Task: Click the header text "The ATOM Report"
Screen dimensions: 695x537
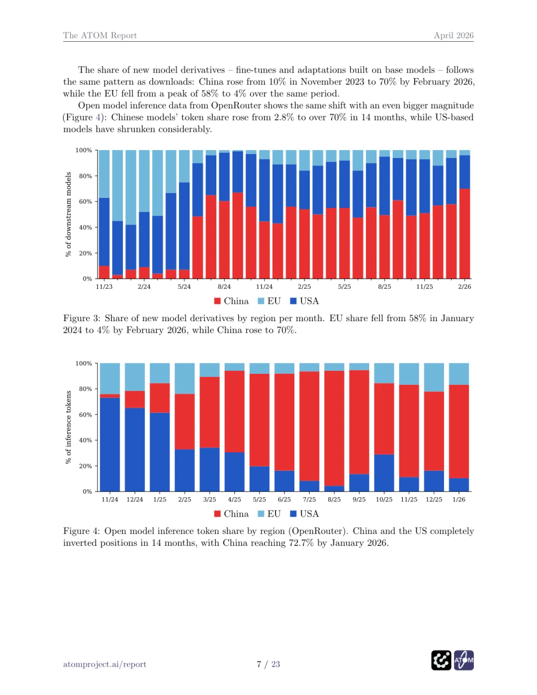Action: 99,35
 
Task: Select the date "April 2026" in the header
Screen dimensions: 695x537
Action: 453,35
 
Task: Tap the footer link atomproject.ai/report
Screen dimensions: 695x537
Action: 104,664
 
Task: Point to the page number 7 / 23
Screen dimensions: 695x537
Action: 268,664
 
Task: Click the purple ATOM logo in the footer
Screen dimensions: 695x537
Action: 464,660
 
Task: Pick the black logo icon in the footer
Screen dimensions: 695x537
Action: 441,660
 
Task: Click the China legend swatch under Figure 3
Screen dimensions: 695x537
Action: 217,301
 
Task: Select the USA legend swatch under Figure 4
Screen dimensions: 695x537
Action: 293,514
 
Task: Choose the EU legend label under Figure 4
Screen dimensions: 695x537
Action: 274,514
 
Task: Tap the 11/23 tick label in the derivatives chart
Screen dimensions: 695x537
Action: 104,287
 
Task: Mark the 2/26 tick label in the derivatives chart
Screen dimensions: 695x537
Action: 464,287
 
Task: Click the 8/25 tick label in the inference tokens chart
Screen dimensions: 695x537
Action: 334,500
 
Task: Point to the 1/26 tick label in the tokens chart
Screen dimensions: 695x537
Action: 459,500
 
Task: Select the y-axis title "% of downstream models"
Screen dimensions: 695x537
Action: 69,214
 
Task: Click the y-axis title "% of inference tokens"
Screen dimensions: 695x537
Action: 69,427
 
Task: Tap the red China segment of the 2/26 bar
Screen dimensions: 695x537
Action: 465,234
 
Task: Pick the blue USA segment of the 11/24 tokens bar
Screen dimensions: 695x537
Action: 110,444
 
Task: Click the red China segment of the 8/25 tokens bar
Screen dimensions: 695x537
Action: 334,428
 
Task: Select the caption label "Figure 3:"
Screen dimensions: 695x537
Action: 81,318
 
